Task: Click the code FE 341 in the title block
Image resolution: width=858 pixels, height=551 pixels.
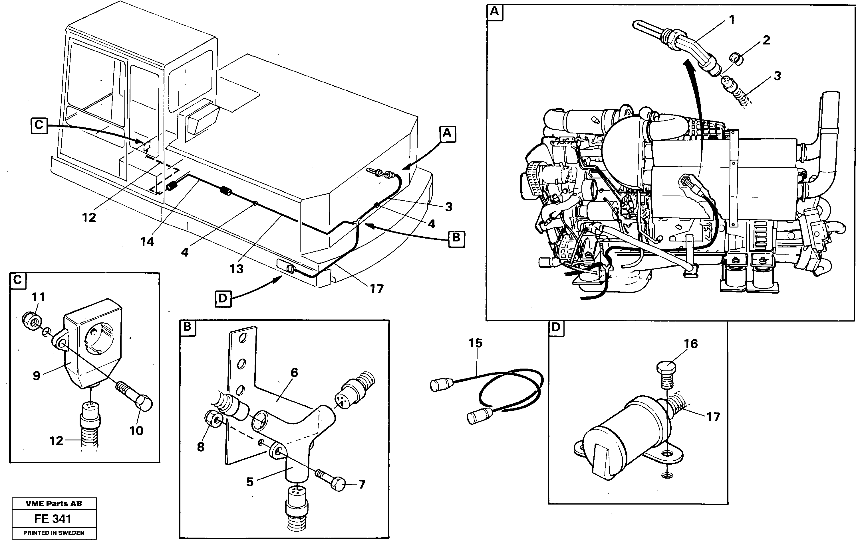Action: (53, 519)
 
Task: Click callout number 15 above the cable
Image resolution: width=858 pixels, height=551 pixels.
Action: (476, 343)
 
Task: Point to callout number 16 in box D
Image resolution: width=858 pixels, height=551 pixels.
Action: (691, 344)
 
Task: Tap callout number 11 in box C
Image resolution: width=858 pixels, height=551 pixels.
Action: (38, 297)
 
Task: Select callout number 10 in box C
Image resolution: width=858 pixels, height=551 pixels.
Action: (136, 431)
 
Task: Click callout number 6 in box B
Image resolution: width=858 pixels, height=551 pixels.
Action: (294, 373)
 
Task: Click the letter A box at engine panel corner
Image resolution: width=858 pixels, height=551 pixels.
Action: (494, 11)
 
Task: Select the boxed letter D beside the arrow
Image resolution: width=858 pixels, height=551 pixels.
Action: (223, 298)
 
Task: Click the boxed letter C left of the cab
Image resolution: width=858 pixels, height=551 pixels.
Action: (39, 125)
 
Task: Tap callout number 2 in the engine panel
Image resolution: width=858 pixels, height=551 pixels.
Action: (766, 40)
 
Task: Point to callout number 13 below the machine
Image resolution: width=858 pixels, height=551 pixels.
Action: (236, 269)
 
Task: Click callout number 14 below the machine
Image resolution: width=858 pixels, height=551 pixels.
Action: (147, 242)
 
